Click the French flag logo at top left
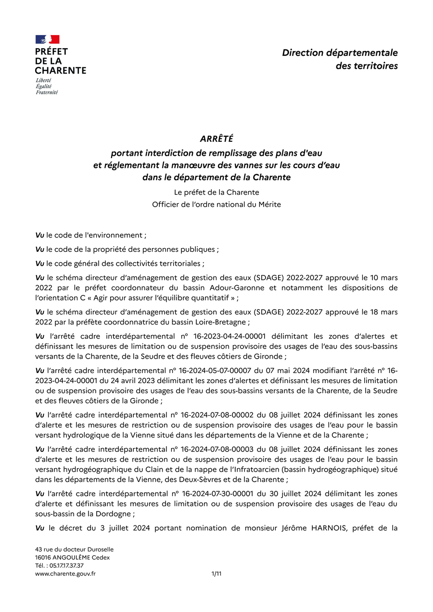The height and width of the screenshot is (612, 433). [47, 39]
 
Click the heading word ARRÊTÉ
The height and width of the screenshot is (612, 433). [216, 139]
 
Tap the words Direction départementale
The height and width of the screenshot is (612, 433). [340, 53]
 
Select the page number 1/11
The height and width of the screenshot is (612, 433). [216, 574]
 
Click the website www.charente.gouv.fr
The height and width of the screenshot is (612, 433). [65, 574]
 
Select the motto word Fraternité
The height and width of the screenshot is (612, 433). [47, 92]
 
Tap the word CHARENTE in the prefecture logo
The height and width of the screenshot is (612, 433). [61, 70]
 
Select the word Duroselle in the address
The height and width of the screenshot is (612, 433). [98, 549]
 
